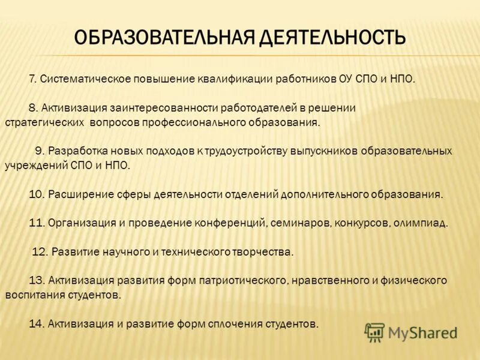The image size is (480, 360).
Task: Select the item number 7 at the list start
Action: pos(33,79)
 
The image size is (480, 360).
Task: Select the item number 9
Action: pos(38,151)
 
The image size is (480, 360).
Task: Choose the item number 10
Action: pos(35,194)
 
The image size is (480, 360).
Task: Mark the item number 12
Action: pos(39,252)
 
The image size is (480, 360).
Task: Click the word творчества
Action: pos(268,252)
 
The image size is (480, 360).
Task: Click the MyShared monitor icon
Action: pos(374,332)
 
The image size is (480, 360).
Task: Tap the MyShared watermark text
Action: pos(423,332)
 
